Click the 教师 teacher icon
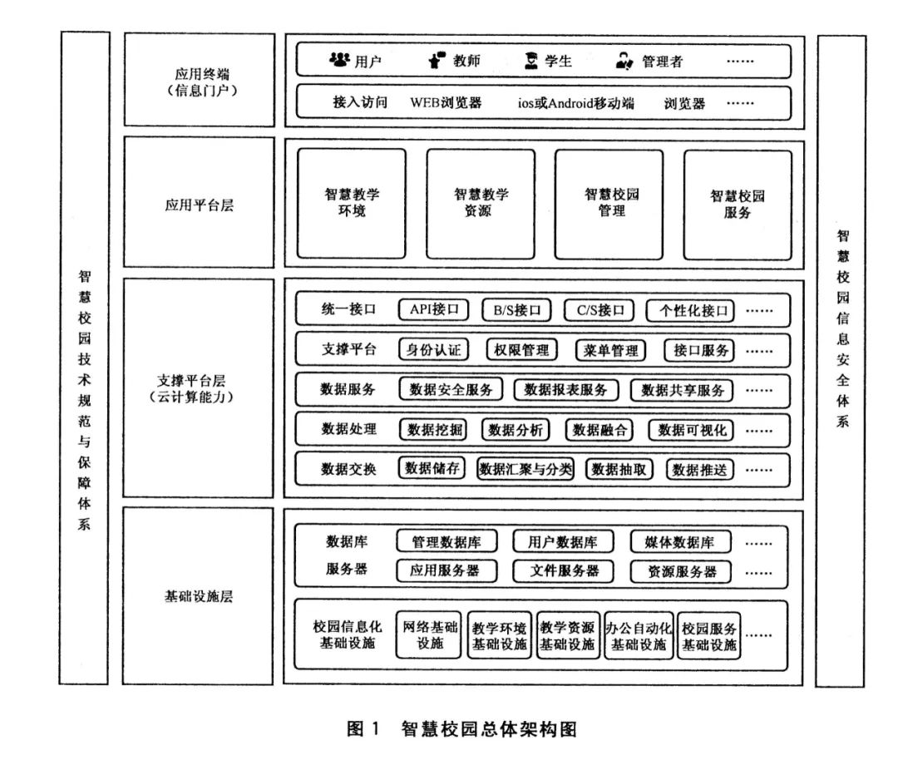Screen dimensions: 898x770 437,60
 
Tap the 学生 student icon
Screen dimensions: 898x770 531,60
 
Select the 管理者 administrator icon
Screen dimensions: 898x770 624,61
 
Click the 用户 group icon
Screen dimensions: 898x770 339,59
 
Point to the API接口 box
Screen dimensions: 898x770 433,310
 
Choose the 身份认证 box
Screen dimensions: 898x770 433,349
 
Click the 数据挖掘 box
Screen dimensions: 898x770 433,429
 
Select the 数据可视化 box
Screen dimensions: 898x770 691,430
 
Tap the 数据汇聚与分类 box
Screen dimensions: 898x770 525,469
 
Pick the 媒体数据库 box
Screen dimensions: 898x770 680,542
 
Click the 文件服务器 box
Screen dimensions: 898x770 564,570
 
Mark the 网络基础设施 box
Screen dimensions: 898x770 430,634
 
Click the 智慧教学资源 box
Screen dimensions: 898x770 481,204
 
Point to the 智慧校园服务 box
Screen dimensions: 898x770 738,205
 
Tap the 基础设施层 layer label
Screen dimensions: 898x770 198,596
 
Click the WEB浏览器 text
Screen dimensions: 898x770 446,102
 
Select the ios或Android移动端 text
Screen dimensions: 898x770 575,103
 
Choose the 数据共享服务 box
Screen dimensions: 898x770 682,390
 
